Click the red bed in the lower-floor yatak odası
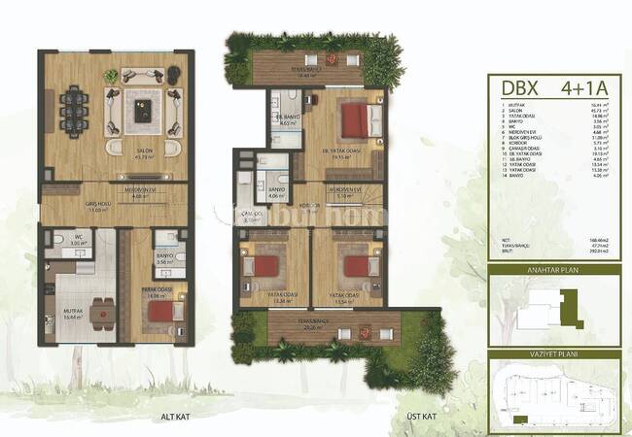pos(160,309)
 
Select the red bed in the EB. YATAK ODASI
pos(355,121)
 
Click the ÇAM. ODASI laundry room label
pos(251,216)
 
